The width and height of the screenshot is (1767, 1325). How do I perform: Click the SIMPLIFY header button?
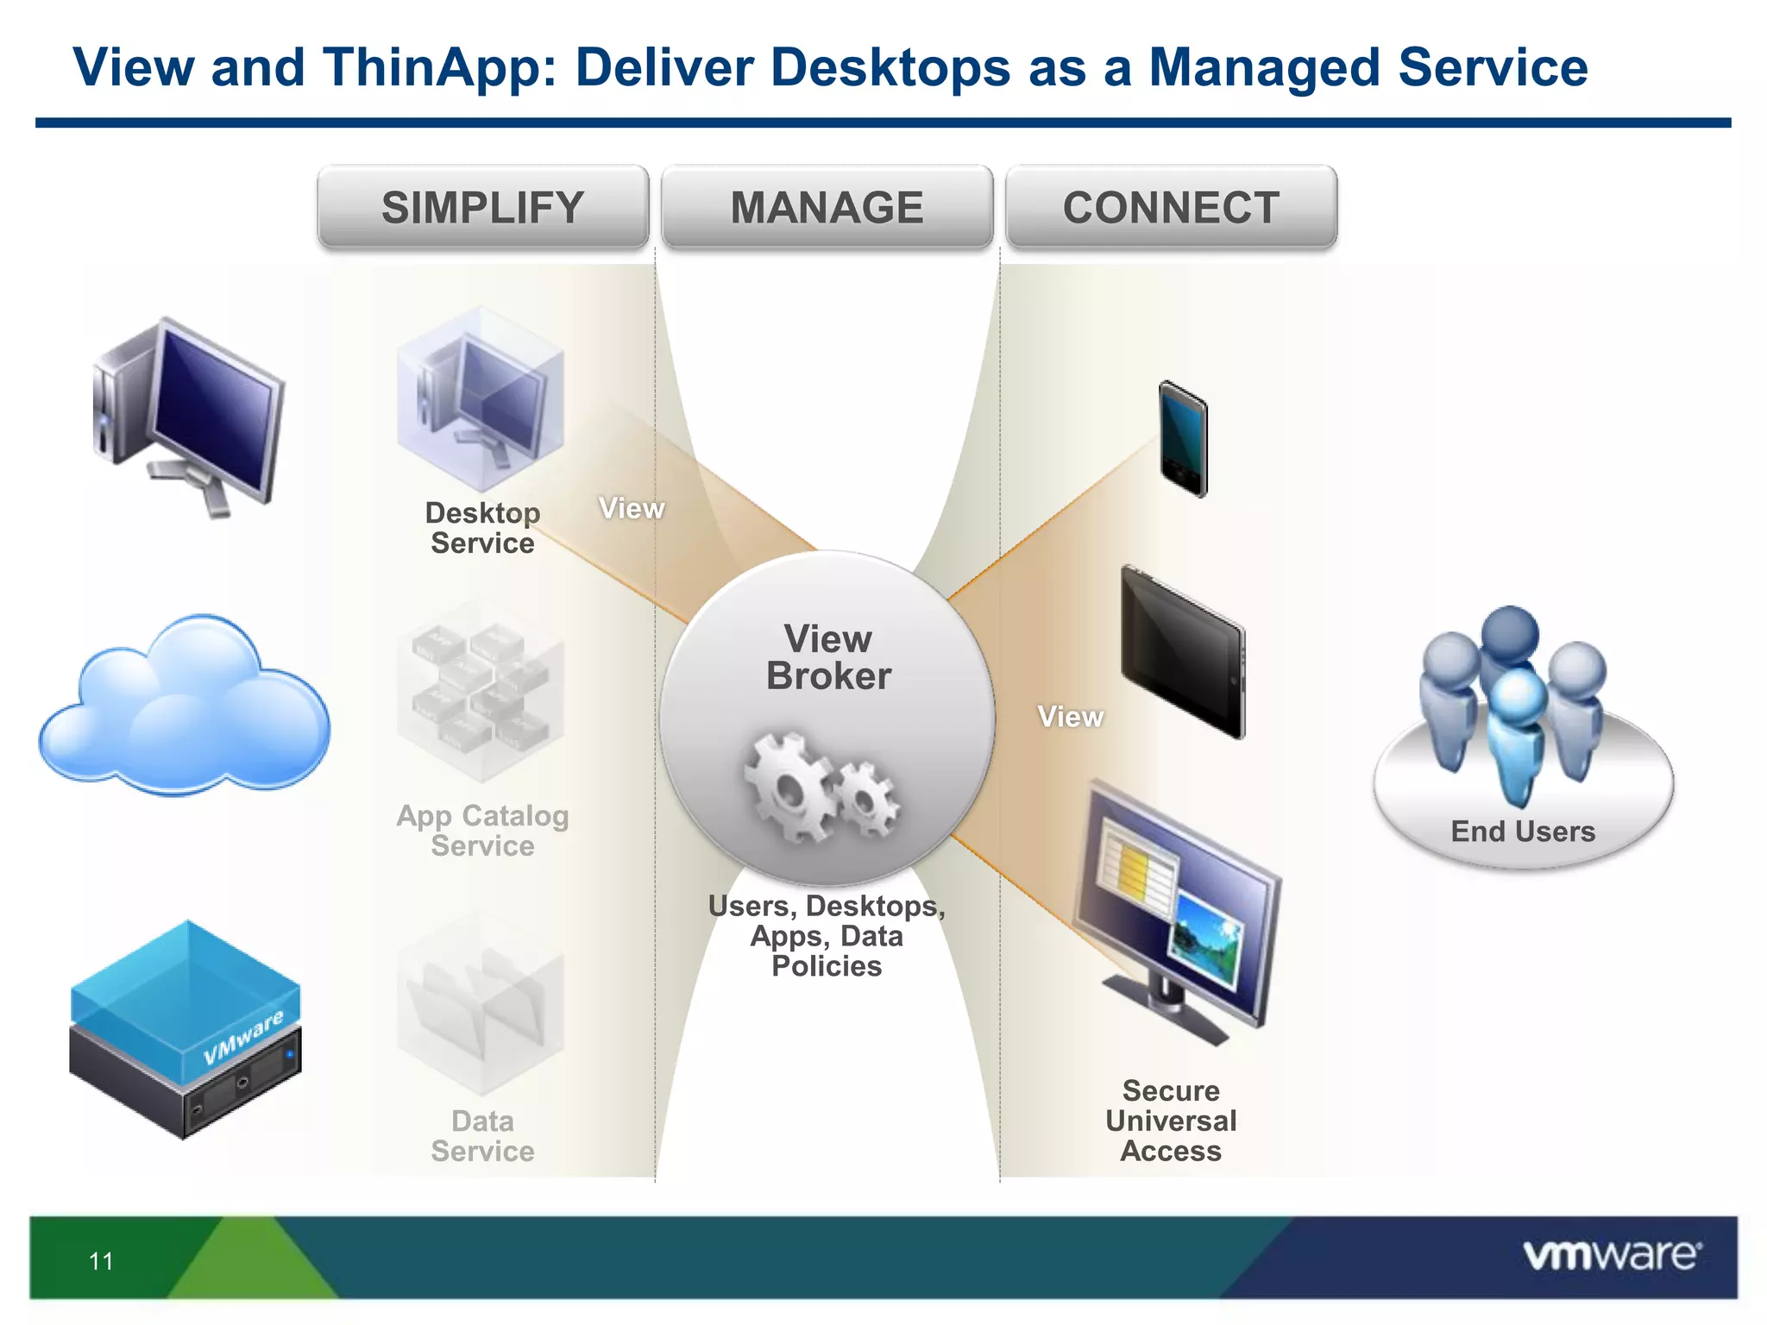pos(482,208)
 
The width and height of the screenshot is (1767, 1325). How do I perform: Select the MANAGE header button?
pos(827,208)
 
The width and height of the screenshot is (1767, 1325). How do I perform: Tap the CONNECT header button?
pos(1171,208)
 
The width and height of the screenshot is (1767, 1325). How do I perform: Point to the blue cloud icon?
pos(184,707)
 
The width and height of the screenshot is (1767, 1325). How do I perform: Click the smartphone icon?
pos(1182,439)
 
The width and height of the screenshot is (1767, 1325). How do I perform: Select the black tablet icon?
pos(1183,652)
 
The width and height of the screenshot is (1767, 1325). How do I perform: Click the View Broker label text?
pos(827,657)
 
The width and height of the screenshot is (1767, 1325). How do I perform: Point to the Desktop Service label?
pos(482,528)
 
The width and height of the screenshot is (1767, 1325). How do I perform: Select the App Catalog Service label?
pos(482,830)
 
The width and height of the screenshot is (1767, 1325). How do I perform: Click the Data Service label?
pos(482,1136)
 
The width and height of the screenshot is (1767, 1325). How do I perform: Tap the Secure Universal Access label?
pos(1171,1121)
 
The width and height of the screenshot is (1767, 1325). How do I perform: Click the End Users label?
pos(1523,832)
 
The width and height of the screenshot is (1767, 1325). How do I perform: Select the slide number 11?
pos(101,1261)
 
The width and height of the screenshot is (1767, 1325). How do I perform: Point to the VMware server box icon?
pos(186,1030)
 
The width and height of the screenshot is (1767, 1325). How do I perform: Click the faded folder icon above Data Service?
pos(480,1005)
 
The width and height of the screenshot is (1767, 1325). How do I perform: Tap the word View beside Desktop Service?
pos(632,508)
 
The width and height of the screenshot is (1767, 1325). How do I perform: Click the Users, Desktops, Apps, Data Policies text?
pos(827,936)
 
